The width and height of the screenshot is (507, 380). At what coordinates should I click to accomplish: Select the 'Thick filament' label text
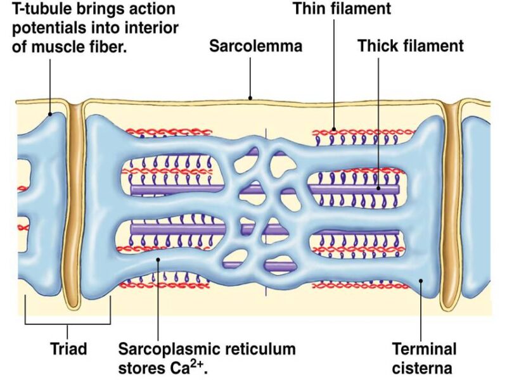coord(411,46)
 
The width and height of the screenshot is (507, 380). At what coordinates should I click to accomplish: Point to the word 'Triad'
coord(68,349)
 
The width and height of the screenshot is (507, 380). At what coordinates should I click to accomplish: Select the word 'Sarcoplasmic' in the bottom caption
coord(169,349)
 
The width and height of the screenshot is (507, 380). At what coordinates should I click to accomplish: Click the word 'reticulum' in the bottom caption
coord(256,349)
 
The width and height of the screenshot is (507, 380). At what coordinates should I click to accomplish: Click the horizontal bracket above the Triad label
coord(68,324)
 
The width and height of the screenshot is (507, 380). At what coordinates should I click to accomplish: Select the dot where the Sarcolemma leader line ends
coord(250,98)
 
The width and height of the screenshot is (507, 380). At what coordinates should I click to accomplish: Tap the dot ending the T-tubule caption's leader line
coord(51,115)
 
